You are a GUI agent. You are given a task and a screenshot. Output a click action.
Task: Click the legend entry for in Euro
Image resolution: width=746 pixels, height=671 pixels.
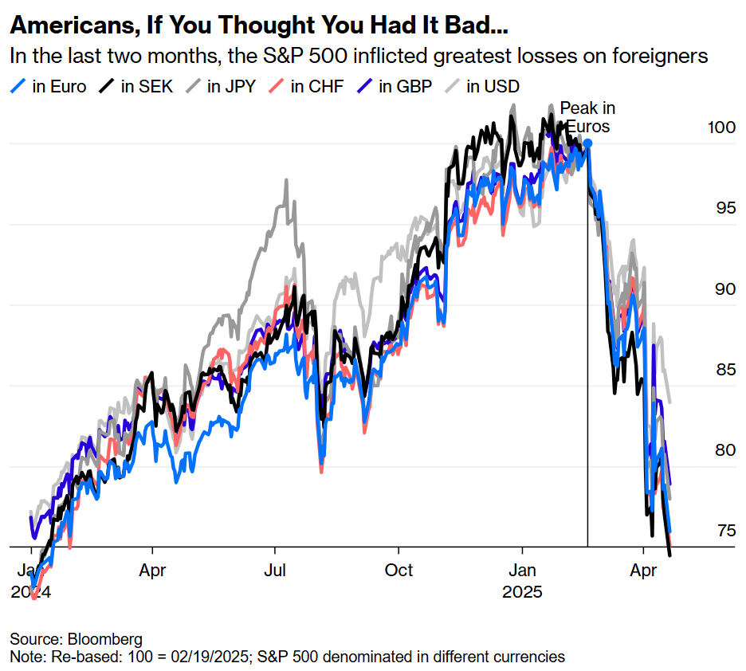tap(50, 86)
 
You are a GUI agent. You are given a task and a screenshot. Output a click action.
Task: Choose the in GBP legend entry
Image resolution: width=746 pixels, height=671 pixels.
tap(396, 86)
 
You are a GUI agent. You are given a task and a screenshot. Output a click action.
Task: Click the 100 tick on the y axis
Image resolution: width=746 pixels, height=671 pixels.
tap(722, 127)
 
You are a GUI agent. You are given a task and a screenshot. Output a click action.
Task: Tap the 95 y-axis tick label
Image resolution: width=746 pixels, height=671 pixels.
tap(722, 208)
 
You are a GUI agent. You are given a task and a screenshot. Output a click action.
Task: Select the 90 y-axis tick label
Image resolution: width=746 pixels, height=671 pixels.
tap(722, 288)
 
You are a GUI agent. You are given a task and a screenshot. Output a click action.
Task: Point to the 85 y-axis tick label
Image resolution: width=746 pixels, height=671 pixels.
tap(722, 370)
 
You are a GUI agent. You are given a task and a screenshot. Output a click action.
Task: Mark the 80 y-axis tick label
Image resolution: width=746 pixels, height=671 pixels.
tap(722, 450)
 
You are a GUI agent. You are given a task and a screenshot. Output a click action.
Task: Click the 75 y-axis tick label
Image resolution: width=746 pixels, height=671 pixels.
tap(722, 532)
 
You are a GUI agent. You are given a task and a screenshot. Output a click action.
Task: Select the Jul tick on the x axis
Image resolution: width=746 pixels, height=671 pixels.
tap(275, 571)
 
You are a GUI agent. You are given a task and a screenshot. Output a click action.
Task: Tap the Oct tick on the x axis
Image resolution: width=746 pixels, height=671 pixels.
tap(399, 571)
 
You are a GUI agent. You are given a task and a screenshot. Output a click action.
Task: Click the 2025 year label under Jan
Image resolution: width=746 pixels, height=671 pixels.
tap(522, 592)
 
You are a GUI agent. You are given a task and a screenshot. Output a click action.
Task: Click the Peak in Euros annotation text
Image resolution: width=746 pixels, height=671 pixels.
tap(587, 116)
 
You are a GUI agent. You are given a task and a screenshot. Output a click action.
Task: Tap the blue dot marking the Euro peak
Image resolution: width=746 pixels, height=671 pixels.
tap(587, 143)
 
